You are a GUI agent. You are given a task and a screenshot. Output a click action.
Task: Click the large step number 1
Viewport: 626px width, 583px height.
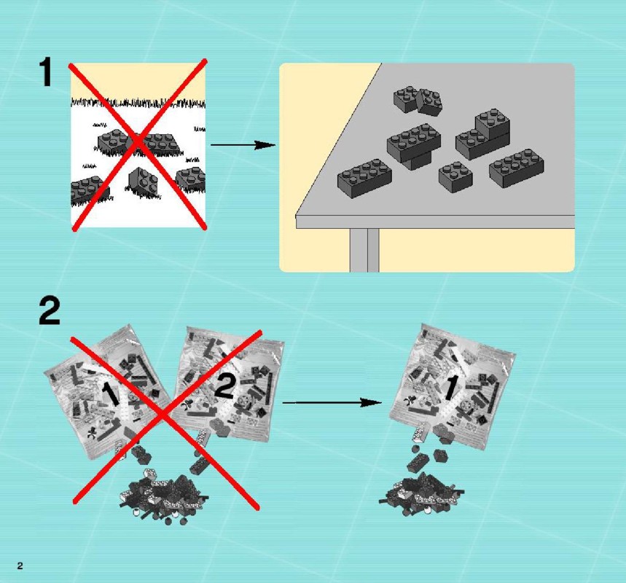[47, 72]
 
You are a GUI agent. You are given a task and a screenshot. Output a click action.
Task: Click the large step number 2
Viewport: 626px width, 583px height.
[50, 311]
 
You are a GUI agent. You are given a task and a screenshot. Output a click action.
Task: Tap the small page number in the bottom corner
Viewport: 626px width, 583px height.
[20, 566]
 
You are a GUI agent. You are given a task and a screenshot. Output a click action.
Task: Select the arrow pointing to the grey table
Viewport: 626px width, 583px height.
[243, 144]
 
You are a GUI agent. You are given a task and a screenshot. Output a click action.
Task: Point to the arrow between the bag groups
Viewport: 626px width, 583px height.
[332, 402]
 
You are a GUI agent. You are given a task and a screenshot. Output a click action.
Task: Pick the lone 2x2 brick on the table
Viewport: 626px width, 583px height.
[455, 175]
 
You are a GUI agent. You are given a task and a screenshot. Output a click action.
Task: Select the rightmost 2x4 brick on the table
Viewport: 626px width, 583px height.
[516, 168]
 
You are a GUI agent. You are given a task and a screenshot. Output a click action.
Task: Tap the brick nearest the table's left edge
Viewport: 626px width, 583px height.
[364, 178]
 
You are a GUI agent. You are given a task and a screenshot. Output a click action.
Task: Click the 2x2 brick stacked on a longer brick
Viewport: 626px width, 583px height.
[492, 122]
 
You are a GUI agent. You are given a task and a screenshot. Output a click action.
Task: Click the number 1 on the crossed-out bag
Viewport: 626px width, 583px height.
[111, 394]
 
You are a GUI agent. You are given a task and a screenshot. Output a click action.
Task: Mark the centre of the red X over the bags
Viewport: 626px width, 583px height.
[163, 415]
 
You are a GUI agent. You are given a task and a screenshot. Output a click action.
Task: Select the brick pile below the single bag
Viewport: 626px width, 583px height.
[422, 493]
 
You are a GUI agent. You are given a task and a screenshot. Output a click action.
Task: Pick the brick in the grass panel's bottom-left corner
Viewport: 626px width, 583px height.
[88, 189]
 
